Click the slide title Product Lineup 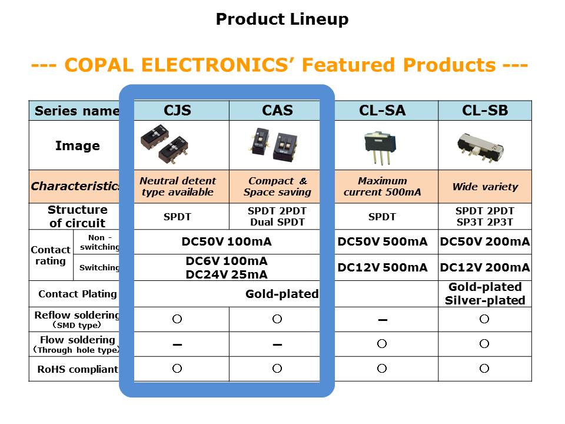(282, 19)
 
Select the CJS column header (177, 110)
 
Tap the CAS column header (277, 110)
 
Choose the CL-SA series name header (383, 110)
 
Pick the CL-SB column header (485, 110)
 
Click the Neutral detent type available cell (178, 187)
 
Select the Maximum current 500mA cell (383, 187)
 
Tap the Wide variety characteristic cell (485, 187)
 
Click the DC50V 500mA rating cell (383, 241)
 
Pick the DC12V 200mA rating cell (485, 267)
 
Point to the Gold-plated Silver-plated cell (485, 293)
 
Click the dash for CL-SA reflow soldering (383, 320)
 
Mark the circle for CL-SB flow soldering (484, 343)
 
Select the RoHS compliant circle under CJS (177, 369)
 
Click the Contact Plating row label (78, 294)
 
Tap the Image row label (78, 145)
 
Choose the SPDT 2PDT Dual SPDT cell (277, 216)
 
